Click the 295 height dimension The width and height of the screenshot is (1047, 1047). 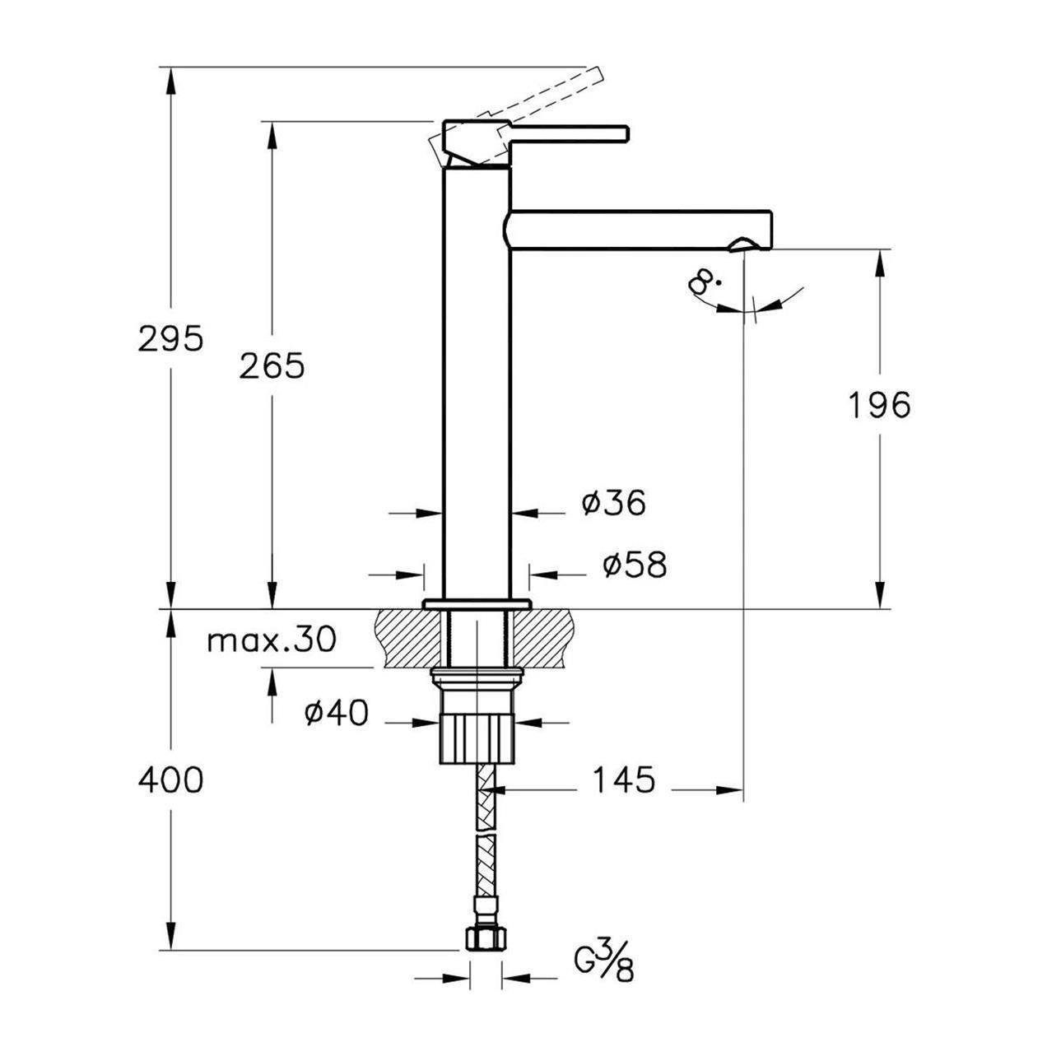click(170, 339)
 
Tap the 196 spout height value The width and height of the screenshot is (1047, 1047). click(878, 405)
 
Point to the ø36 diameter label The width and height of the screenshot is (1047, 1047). click(613, 503)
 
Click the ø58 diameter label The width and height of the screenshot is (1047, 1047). click(634, 565)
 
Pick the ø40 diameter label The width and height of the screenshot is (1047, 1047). click(337, 713)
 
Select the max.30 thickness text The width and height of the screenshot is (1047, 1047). click(272, 641)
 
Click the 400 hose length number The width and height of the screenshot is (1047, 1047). click(170, 780)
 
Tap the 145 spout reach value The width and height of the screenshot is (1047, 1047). click(623, 780)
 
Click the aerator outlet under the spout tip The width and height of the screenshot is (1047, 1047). click(742, 245)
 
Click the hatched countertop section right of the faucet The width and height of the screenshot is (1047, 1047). click(543, 638)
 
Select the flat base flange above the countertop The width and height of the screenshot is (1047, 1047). click(477, 603)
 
